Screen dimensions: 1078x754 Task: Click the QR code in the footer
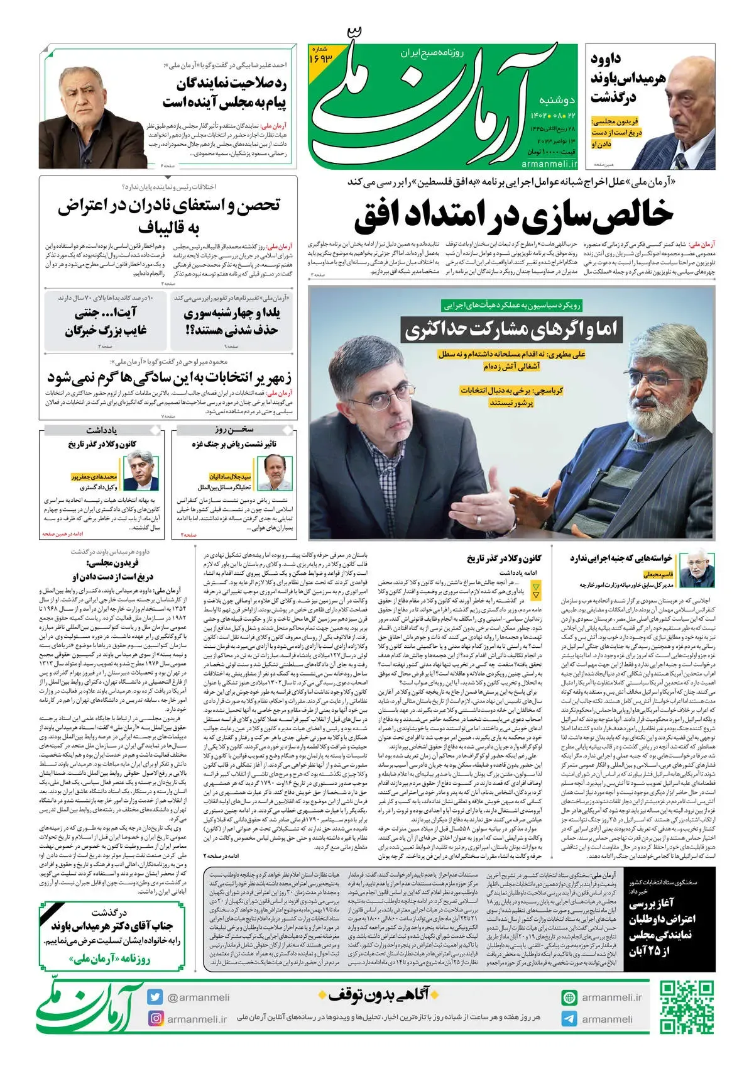tap(687, 1008)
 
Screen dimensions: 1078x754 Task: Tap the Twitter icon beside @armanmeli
tap(155, 997)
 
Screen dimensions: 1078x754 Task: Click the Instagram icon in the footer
tap(155, 1018)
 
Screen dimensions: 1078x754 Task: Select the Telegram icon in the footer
tap(569, 1019)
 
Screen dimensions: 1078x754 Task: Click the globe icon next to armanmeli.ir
tap(569, 997)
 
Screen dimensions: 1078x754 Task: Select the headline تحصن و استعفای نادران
tap(168, 216)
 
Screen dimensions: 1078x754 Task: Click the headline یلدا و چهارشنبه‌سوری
tap(232, 321)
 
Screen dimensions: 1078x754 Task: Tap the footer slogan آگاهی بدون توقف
tap(382, 994)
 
